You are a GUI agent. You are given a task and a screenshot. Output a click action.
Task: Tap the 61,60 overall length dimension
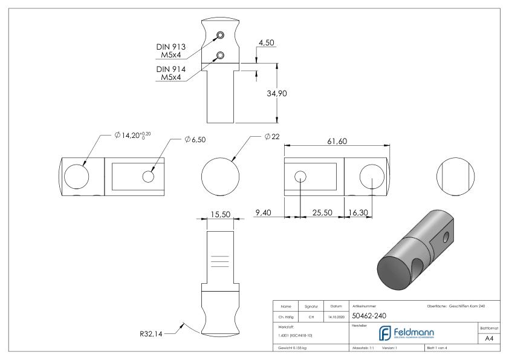(337, 140)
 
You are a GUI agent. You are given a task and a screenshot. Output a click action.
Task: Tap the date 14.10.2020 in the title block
(336, 316)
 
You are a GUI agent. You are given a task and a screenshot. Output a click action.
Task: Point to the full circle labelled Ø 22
(221, 175)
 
